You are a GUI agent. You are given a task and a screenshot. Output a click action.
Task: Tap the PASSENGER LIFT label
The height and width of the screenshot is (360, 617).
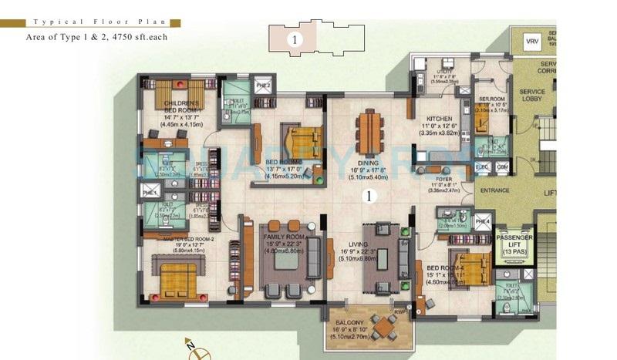(x=514, y=241)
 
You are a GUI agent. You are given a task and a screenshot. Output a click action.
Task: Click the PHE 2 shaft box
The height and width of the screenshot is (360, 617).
(x=262, y=86)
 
